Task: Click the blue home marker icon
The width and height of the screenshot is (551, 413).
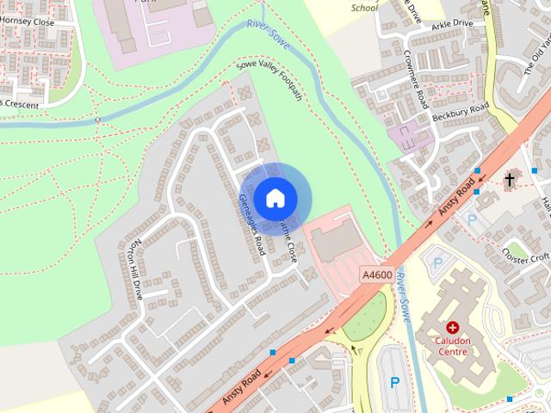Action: pos(275,198)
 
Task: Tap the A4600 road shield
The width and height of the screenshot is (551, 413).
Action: pos(377,274)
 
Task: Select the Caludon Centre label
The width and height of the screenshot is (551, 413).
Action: pos(453,345)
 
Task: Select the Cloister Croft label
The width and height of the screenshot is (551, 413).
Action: pos(526,256)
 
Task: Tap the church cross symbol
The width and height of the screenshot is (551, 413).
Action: pos(510,180)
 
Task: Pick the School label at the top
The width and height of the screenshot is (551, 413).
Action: pos(364,7)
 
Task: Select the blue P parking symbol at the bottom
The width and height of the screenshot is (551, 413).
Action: pos(395,381)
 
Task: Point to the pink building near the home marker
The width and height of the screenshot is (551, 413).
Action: pos(338,242)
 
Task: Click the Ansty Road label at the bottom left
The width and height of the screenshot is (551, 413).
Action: pos(240,388)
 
